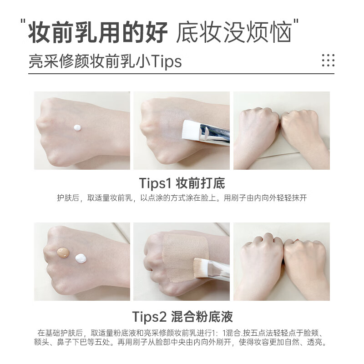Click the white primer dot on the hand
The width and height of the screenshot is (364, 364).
(x=77, y=127)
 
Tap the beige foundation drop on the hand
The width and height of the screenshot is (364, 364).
(x=63, y=253)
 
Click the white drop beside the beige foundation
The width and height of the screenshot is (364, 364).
(x=81, y=258)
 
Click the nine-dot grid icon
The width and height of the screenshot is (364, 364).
(x=328, y=60)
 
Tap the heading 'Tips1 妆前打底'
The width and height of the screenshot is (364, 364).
(x=182, y=183)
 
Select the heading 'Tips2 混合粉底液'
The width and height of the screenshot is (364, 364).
(x=182, y=316)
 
